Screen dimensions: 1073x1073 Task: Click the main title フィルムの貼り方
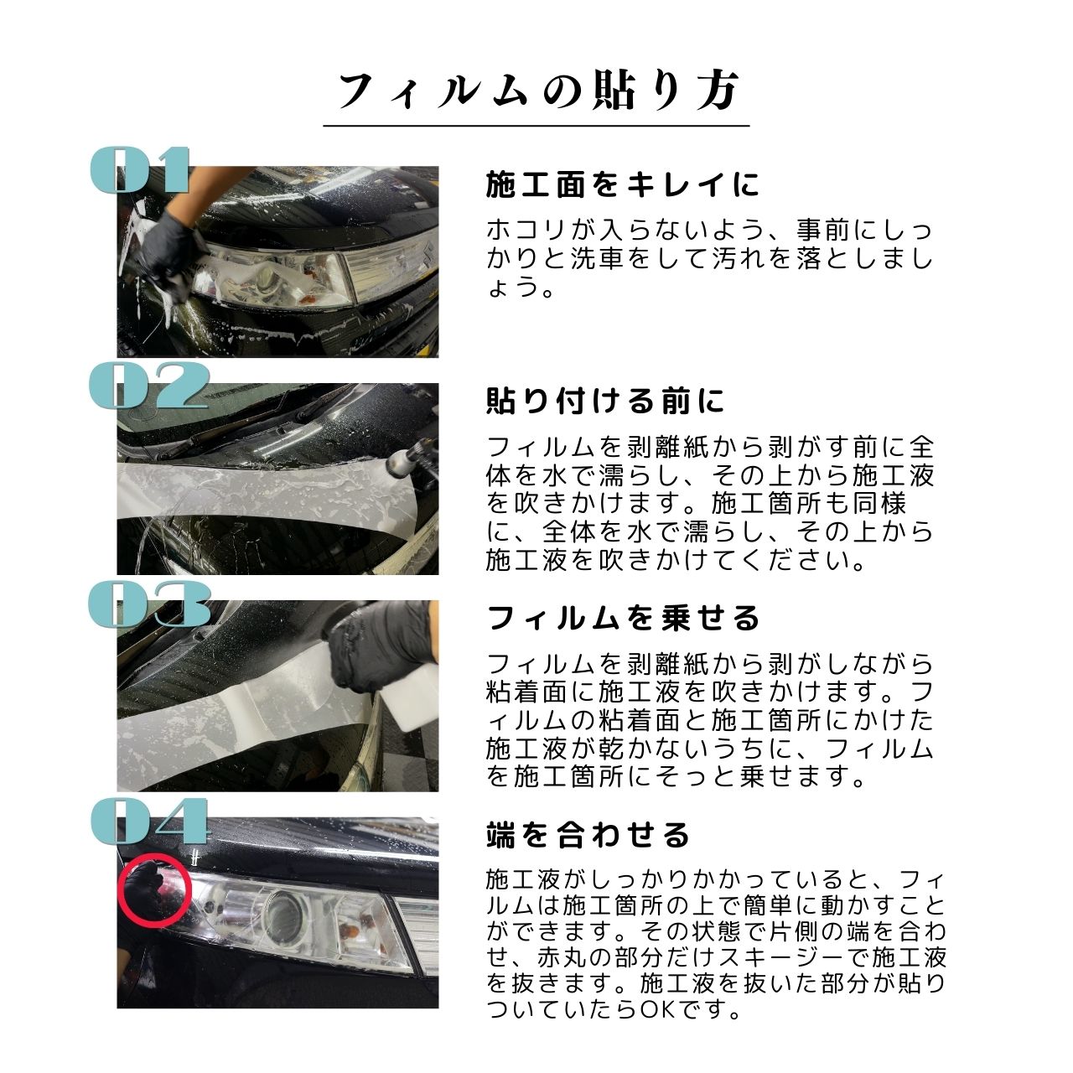click(536, 91)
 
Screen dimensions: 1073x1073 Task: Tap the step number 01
click(141, 171)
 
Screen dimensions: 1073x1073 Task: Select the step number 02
click(148, 386)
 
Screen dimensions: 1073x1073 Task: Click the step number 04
click(149, 821)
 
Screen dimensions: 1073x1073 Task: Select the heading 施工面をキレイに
click(622, 184)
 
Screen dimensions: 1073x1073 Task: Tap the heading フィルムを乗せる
click(623, 619)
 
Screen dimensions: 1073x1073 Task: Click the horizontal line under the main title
click(536, 126)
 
